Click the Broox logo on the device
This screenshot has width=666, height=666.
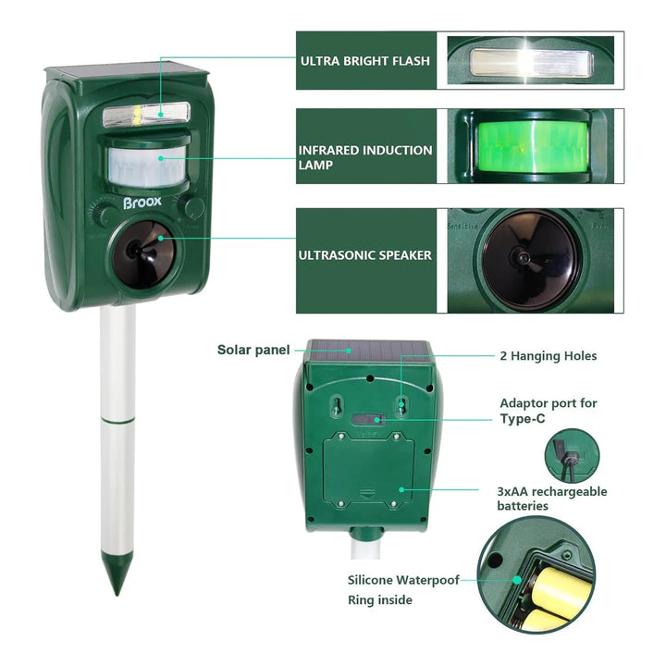click(x=142, y=203)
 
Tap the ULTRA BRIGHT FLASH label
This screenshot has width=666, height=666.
click(x=365, y=61)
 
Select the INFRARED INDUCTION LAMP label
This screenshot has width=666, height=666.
click(x=365, y=157)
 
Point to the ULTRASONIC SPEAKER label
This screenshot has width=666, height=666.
click(x=364, y=255)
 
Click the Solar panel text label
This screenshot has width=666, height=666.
click(x=253, y=350)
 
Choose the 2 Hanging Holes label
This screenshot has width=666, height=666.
click(x=549, y=356)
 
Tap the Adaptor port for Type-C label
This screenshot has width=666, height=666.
click(x=549, y=411)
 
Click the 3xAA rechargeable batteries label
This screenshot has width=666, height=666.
click(x=552, y=499)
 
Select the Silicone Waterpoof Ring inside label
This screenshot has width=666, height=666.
click(x=403, y=590)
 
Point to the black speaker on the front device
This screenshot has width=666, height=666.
click(x=142, y=255)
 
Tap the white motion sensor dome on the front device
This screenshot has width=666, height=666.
click(x=147, y=167)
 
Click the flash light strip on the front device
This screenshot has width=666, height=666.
click(x=146, y=115)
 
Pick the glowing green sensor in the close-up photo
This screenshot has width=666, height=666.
click(x=533, y=146)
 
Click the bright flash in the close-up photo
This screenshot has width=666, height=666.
click(x=532, y=63)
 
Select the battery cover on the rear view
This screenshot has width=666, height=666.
click(x=368, y=470)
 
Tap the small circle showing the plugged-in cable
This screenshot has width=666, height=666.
click(x=572, y=456)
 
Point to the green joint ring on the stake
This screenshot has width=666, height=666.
click(x=117, y=421)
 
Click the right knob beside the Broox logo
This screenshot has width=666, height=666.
click(x=193, y=208)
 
